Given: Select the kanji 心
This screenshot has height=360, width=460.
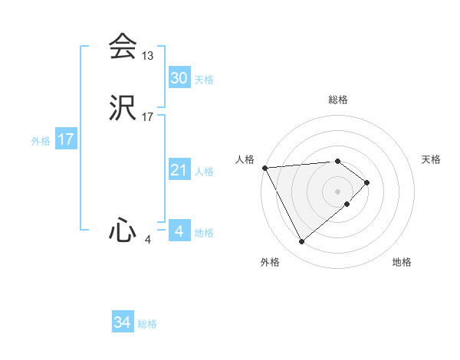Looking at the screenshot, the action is (123, 231).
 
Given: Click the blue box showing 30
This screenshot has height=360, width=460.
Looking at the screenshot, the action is (179, 77).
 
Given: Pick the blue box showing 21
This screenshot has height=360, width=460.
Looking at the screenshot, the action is (179, 170).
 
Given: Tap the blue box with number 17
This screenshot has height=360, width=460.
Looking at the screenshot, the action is (65, 139).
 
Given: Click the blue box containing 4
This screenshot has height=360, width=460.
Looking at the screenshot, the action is (179, 231).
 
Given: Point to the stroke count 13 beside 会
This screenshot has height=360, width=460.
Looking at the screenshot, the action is (148, 56).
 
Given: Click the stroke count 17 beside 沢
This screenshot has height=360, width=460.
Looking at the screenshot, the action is (148, 117).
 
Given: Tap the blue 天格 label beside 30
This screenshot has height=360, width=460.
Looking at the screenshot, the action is (204, 80).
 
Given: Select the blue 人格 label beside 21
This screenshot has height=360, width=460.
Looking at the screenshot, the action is (204, 172).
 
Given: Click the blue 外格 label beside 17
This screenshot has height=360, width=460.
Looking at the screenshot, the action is (40, 141).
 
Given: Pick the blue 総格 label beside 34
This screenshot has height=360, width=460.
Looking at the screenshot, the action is (148, 325).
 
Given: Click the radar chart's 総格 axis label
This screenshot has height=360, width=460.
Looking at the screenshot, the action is (338, 100).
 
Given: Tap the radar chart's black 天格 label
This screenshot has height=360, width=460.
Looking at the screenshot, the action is (431, 159).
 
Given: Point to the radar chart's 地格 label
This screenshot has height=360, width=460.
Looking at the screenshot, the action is (402, 262).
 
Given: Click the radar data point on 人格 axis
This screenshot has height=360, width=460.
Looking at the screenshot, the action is (264, 168).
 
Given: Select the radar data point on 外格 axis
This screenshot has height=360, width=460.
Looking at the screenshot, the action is (302, 242).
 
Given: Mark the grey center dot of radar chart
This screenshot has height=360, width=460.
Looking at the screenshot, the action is (337, 191).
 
